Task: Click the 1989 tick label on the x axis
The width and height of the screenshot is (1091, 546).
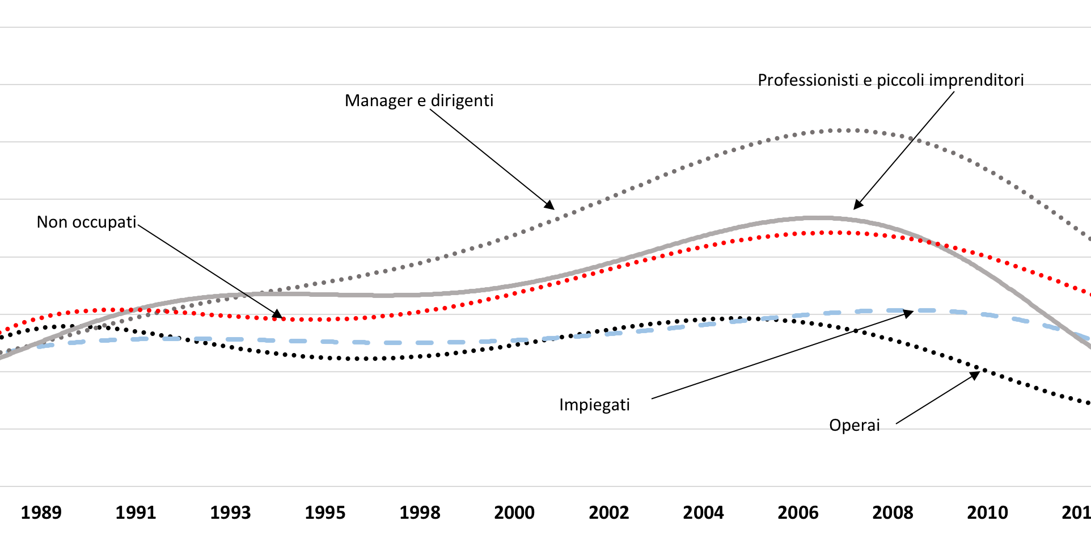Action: tap(41, 513)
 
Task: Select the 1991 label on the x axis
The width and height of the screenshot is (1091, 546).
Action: tap(136, 513)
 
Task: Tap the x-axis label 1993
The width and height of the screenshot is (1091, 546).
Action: tap(230, 513)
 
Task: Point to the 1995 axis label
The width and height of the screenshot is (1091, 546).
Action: tap(325, 513)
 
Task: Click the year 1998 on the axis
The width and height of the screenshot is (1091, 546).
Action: tap(420, 513)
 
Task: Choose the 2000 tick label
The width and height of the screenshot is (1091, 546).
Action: tap(514, 513)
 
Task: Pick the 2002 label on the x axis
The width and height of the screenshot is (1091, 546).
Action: tap(609, 513)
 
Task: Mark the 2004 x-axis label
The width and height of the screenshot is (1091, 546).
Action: tap(703, 513)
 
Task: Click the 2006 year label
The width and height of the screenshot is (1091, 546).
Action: tap(798, 513)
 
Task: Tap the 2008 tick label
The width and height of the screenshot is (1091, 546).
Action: tap(893, 513)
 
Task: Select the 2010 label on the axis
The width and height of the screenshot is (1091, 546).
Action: tap(987, 513)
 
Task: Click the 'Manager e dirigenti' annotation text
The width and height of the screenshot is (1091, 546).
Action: tap(419, 100)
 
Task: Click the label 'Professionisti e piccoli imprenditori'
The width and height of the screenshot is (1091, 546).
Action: tap(890, 80)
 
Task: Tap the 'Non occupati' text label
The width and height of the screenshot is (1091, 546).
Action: tap(86, 222)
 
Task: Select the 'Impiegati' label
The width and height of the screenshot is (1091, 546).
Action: tap(594, 405)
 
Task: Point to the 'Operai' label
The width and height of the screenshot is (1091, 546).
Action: tap(854, 425)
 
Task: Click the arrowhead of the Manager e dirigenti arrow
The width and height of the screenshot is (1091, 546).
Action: tap(551, 206)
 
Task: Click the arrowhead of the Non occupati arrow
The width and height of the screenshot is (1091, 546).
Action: tap(278, 315)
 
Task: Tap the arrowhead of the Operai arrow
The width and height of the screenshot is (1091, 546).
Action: tap(976, 374)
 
